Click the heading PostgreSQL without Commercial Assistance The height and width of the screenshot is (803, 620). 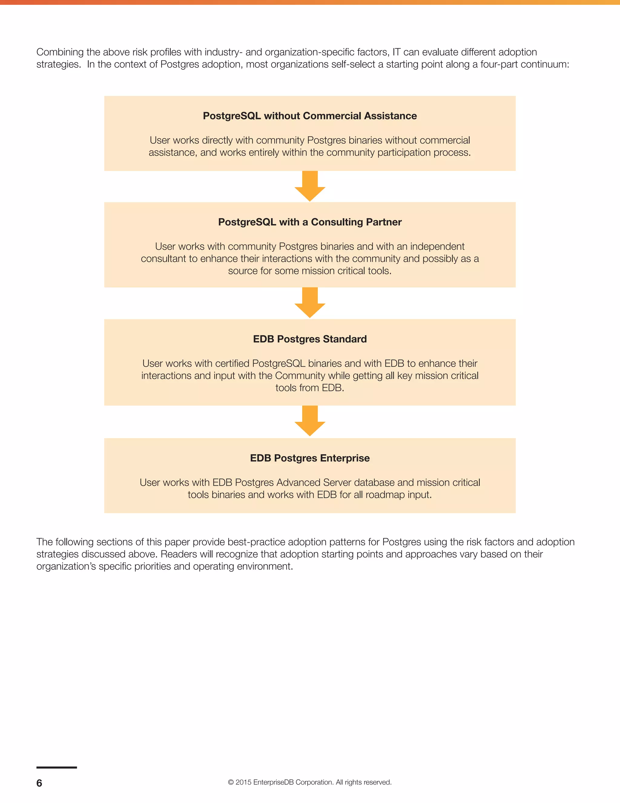[310, 116]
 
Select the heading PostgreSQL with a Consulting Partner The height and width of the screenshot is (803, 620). [310, 222]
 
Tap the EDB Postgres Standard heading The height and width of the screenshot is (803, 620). [310, 339]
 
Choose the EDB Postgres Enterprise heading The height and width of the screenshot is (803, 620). [310, 458]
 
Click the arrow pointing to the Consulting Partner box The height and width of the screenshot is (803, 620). [310, 186]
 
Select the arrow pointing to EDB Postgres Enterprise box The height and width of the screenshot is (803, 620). [310, 421]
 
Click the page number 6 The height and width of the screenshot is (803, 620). [39, 783]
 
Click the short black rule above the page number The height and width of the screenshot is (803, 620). [57, 767]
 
